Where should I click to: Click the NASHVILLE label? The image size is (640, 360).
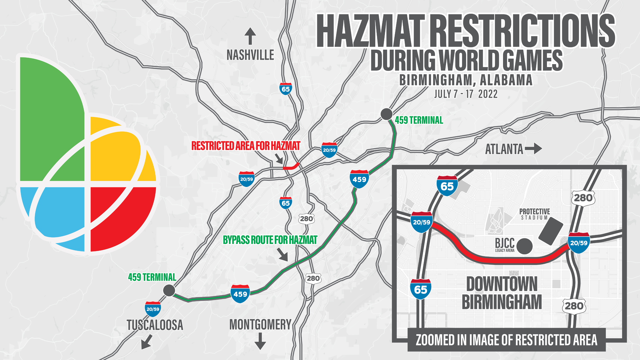(250, 55)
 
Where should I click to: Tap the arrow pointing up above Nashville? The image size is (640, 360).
(250, 36)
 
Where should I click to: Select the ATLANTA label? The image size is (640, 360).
(504, 149)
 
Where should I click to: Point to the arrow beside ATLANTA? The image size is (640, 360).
(534, 149)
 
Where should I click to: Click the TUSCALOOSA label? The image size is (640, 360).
(155, 325)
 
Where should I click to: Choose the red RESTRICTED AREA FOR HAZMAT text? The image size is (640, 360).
(246, 146)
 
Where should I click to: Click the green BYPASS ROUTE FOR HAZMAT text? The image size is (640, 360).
(270, 240)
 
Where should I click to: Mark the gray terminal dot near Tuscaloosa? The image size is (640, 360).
(169, 290)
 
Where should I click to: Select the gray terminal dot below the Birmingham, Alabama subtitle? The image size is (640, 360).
(386, 114)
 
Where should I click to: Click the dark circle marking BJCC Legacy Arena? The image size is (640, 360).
(524, 246)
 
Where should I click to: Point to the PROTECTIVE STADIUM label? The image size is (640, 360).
(534, 214)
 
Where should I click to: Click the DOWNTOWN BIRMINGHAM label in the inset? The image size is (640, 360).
(502, 293)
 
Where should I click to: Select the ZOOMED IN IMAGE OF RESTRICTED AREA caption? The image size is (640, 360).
(506, 340)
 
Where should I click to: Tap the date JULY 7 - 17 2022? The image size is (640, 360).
(466, 94)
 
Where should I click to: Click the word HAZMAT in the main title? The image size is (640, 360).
(371, 31)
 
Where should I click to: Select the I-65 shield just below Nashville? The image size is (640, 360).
(286, 89)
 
